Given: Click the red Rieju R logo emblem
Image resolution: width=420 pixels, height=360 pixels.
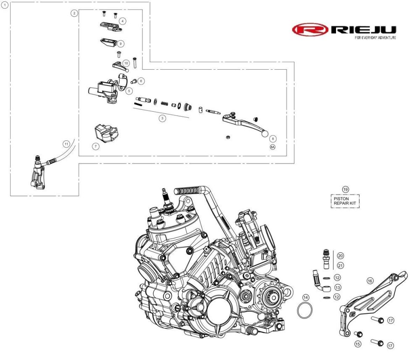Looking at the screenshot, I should [x=310, y=30].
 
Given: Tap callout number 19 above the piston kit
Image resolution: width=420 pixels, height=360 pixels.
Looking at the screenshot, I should [x=345, y=189].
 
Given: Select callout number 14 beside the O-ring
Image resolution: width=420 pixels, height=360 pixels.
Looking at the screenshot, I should [x=306, y=297].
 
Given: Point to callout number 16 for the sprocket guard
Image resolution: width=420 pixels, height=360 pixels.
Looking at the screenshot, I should [x=370, y=281].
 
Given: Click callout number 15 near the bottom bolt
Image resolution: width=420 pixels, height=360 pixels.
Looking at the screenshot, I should [x=358, y=344].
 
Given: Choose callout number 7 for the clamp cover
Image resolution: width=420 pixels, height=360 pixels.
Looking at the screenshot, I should [x=96, y=146].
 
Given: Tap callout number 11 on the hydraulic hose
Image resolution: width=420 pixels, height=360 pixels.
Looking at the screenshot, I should [x=66, y=144].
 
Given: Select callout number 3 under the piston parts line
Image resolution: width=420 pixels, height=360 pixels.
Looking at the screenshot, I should [x=163, y=118].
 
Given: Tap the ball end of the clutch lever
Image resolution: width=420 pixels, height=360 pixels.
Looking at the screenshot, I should [x=265, y=134].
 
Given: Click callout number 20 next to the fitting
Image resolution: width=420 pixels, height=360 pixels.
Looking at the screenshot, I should [x=340, y=256].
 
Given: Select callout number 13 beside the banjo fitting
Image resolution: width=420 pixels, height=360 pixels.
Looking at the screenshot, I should [x=337, y=287].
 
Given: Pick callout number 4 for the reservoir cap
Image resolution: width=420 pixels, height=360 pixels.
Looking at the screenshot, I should [x=122, y=20].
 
